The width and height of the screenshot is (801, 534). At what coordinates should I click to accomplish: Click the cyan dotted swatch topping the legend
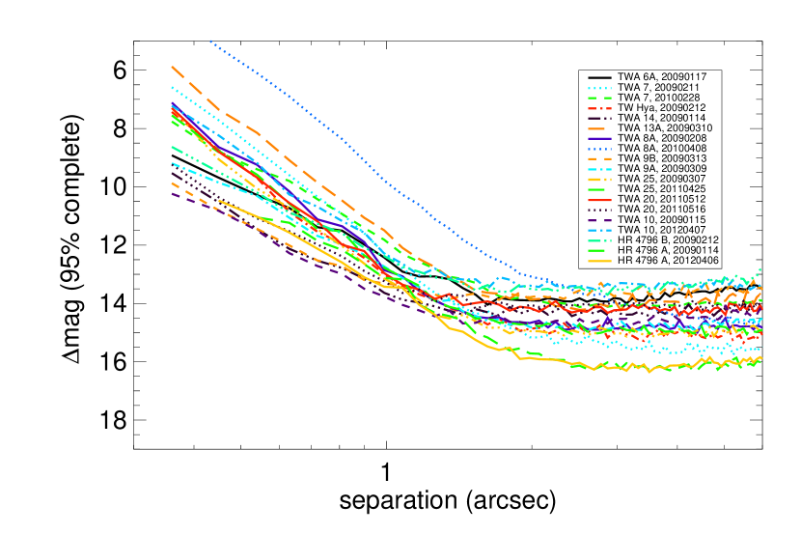599,88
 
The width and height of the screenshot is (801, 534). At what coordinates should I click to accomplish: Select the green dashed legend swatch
599,98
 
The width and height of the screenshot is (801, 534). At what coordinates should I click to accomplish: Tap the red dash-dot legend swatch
599,108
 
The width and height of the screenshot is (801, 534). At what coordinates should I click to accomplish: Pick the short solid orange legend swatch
596,128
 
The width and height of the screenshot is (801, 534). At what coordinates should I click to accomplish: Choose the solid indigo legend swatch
599,139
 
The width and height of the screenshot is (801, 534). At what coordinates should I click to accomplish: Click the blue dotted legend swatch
599,149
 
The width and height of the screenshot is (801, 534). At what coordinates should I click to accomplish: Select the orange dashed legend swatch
599,159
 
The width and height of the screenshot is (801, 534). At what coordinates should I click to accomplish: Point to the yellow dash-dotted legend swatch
599,180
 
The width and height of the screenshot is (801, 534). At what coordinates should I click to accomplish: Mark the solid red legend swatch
599,200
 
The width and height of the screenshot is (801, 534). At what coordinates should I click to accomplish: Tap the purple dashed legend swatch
599,220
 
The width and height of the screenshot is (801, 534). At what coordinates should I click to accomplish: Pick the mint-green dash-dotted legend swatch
599,240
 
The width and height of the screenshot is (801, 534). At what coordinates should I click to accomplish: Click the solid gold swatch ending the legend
599,261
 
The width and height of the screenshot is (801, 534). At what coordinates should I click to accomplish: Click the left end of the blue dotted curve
210,41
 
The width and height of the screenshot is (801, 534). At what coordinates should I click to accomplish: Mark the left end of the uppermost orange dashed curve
172,67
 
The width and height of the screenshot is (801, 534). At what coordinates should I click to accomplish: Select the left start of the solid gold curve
219,201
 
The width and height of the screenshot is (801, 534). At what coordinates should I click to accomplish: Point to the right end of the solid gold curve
761,358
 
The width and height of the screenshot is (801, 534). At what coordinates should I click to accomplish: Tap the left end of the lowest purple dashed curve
172,194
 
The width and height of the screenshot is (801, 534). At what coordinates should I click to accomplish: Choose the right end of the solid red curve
761,309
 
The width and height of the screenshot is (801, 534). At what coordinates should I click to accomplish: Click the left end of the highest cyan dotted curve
172,88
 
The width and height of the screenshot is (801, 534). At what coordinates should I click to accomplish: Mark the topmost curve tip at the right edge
760,269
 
